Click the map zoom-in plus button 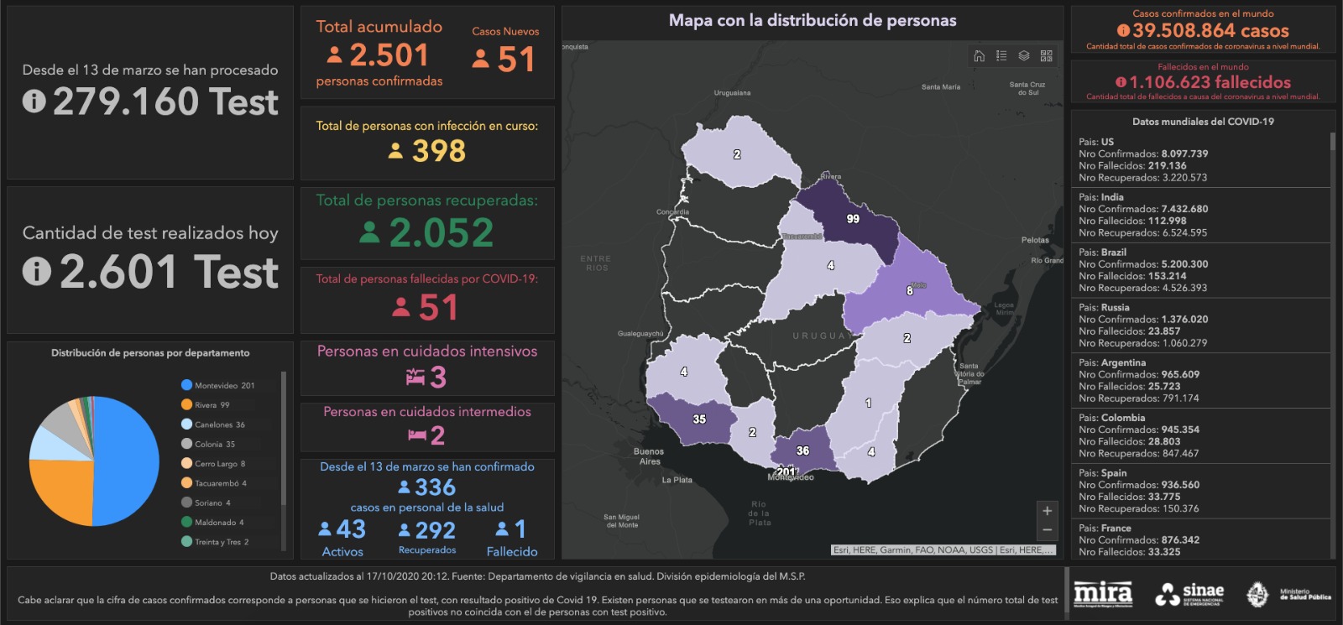click(1047, 511)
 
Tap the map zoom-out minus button click(1047, 530)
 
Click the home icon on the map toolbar click(979, 56)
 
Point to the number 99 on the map click(853, 219)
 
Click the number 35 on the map click(699, 419)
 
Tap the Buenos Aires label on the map click(649, 456)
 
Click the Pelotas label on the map click(1035, 240)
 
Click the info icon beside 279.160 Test click(34, 102)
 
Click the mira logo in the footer click(1103, 594)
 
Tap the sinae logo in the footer click(1189, 594)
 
